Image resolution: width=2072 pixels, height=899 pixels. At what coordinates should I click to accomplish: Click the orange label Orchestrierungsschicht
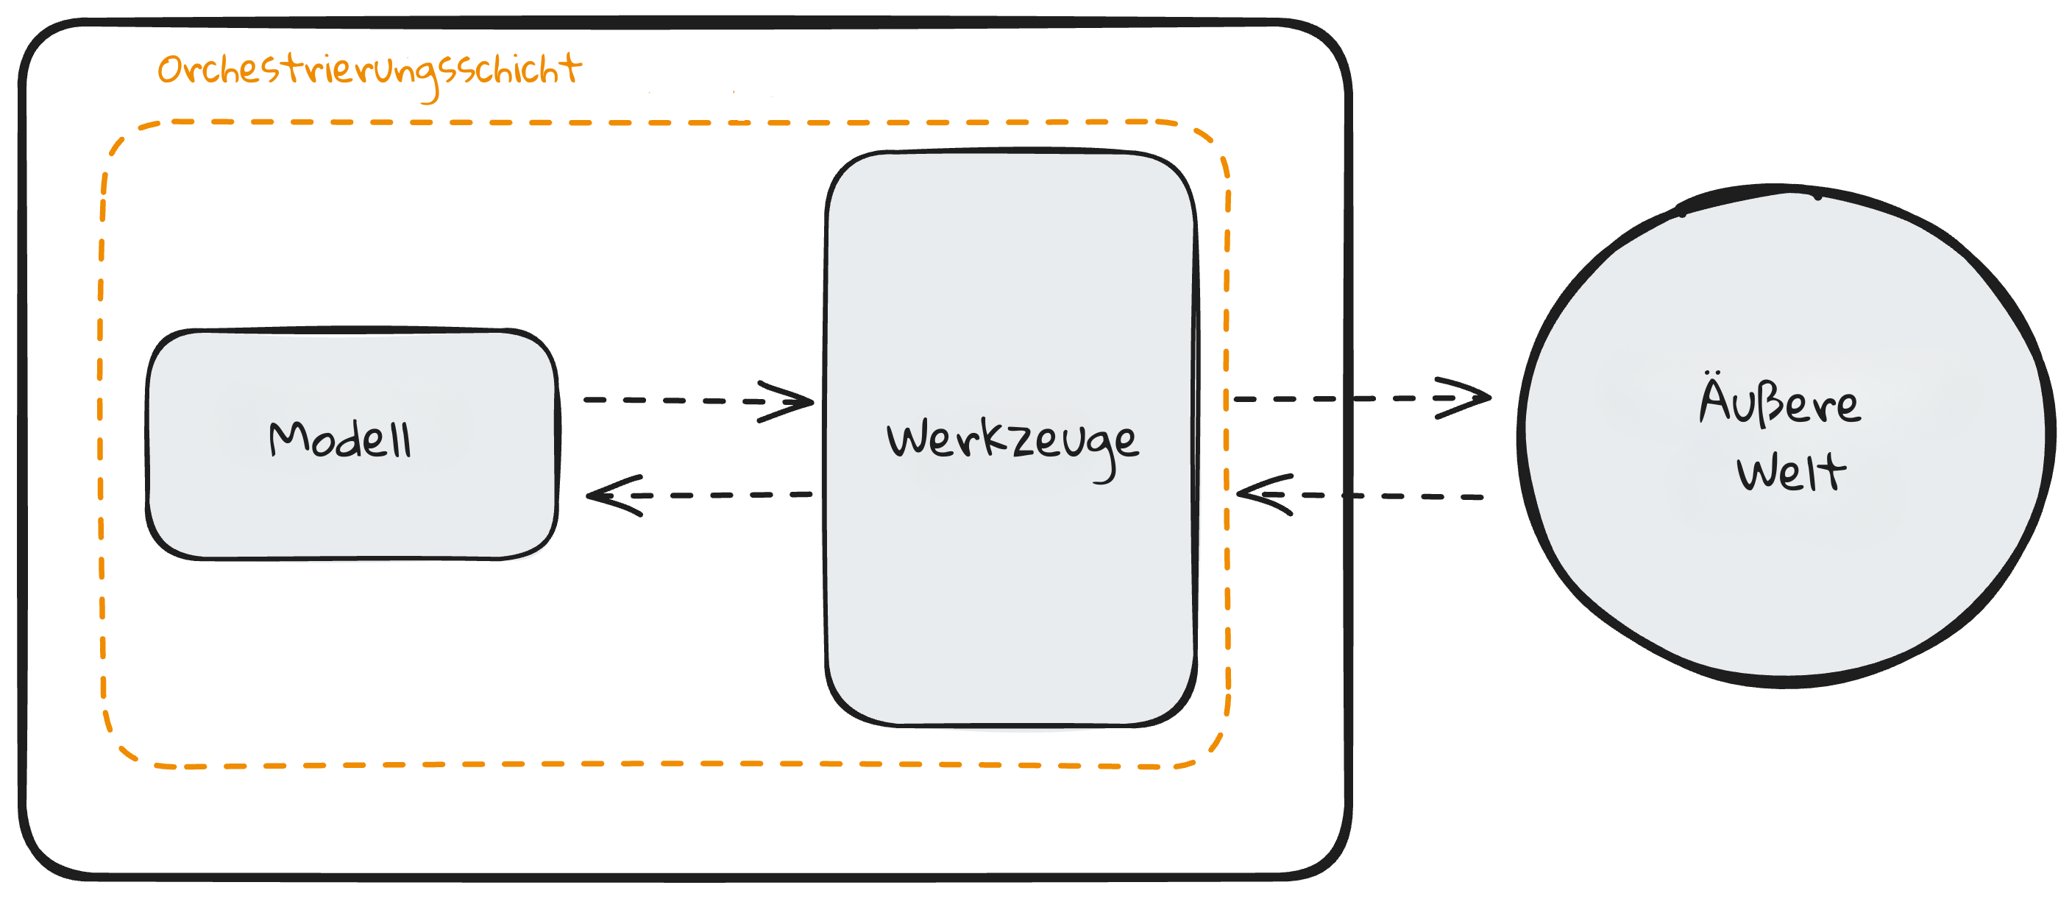tap(369, 71)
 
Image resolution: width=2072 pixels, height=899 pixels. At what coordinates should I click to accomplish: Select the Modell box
tap(352, 499)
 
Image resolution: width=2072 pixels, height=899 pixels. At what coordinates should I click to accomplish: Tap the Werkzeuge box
tap(1010, 579)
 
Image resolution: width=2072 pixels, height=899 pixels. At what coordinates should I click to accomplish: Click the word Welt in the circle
tap(1791, 473)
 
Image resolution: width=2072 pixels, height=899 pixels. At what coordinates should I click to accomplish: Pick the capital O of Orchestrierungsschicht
tap(171, 71)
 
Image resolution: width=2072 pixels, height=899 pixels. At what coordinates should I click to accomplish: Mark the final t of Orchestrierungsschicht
tap(571, 68)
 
